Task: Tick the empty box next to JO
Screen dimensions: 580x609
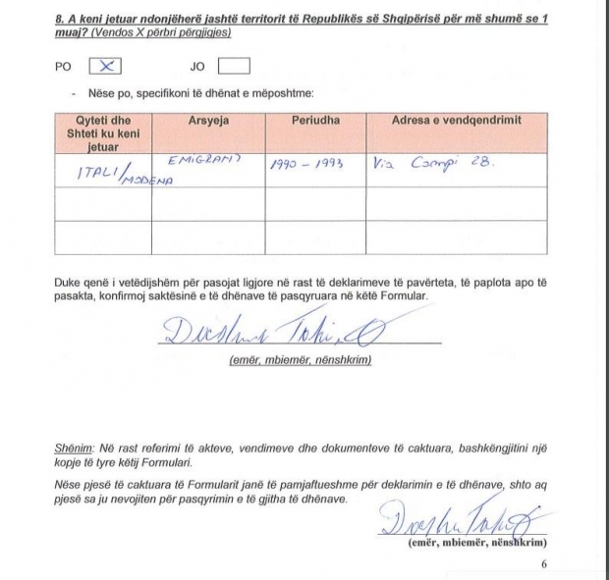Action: (x=235, y=67)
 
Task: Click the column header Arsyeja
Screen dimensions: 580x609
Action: (x=207, y=121)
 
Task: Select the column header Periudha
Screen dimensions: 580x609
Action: (x=315, y=121)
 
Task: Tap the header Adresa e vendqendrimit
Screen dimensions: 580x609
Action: (x=456, y=121)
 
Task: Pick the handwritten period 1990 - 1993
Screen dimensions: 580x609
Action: (x=306, y=165)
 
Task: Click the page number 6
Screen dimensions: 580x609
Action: (x=544, y=565)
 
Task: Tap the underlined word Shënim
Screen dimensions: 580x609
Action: (x=73, y=447)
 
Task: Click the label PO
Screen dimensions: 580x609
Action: (x=63, y=68)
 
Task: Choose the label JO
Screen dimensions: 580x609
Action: (x=196, y=68)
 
